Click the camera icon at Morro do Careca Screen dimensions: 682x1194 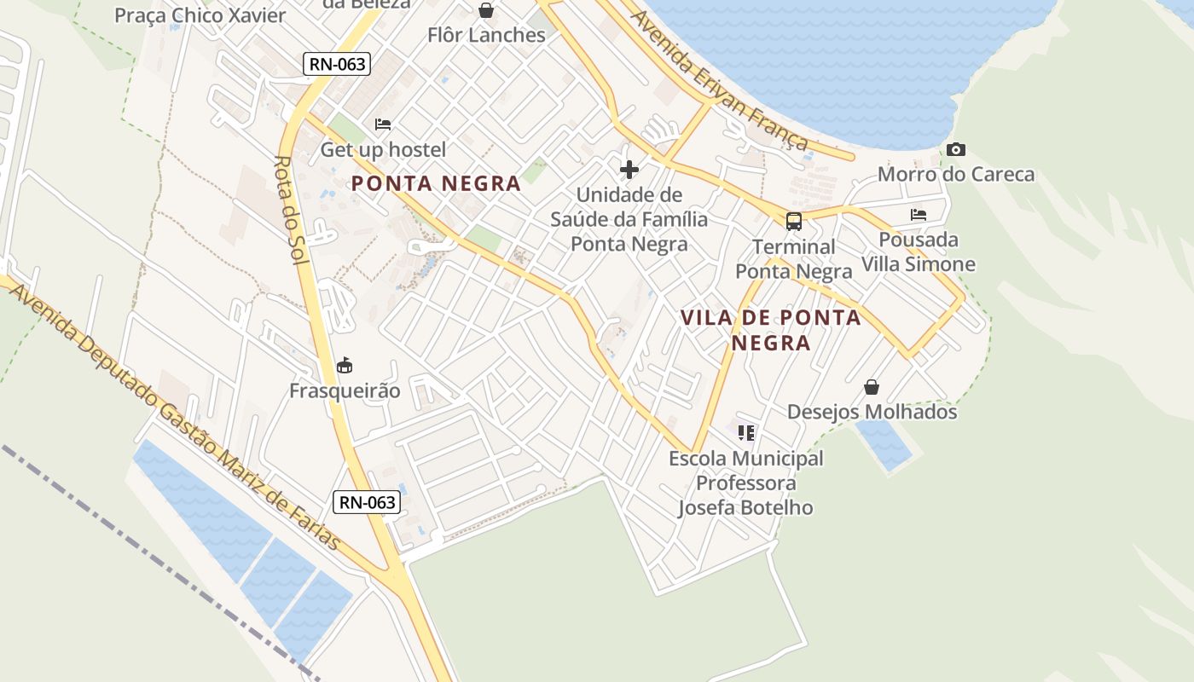(956, 150)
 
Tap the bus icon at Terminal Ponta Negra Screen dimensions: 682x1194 (794, 222)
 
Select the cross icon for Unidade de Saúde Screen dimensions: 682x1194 (629, 170)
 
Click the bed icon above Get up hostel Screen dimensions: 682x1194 (383, 124)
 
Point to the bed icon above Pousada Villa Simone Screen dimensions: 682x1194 (919, 215)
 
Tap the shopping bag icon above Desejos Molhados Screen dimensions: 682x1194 (872, 387)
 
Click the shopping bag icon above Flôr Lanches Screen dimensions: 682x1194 (486, 10)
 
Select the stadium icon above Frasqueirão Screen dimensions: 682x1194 (345, 366)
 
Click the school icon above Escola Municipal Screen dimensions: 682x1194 (746, 433)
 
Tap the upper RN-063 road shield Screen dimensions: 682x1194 (338, 64)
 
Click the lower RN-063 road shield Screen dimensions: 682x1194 (367, 502)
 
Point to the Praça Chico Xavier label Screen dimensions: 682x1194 (200, 15)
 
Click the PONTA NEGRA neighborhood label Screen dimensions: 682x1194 (436, 183)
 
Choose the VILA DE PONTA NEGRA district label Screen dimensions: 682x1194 (770, 330)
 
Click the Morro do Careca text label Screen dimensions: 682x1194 (956, 175)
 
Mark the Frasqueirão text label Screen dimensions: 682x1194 (345, 391)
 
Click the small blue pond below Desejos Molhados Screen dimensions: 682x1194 (884, 444)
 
